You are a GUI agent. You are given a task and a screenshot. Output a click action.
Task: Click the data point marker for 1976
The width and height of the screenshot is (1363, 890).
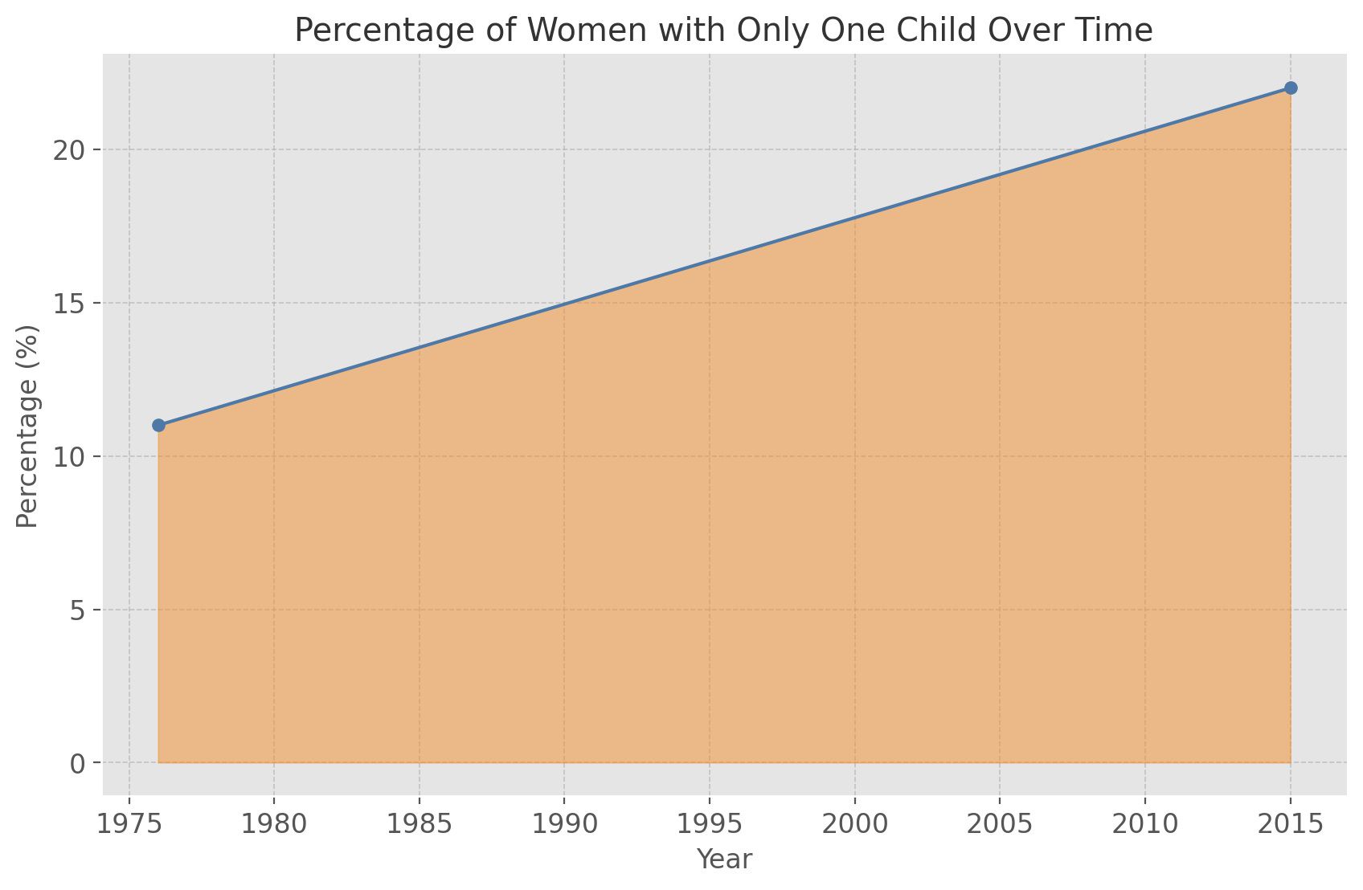[x=158, y=425]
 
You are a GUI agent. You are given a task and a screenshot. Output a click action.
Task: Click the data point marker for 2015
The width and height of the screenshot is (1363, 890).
[x=1291, y=88]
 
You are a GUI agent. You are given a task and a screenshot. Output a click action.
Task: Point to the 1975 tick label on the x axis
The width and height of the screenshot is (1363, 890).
[x=129, y=824]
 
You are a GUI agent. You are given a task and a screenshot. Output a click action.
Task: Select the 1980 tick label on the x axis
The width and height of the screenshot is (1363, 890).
[x=274, y=824]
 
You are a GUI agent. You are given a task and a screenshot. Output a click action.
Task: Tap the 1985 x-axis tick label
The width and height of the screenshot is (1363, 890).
[x=419, y=824]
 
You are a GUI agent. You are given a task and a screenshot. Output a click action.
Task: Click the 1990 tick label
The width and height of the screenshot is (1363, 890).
[x=564, y=824]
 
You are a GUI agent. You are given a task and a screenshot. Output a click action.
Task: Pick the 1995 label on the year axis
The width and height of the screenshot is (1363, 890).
[x=710, y=824]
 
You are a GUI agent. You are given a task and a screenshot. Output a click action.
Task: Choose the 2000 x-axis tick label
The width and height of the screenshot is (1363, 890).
[x=854, y=824]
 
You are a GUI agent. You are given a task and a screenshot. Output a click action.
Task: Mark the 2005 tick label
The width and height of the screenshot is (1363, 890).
[x=1000, y=824]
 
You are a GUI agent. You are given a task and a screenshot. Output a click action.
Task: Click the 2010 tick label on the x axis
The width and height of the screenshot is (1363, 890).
[x=1144, y=824]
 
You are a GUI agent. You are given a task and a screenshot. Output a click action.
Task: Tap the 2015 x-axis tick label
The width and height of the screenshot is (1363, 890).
[x=1290, y=824]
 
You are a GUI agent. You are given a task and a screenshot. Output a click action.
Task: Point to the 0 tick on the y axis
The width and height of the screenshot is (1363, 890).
[x=77, y=763]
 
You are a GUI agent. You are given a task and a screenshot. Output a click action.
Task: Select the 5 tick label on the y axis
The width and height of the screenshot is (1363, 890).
[x=77, y=610]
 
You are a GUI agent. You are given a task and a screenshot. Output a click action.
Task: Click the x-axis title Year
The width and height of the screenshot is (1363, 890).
[x=724, y=859]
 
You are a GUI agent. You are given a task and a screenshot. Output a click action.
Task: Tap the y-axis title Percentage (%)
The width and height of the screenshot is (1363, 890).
[x=27, y=426]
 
